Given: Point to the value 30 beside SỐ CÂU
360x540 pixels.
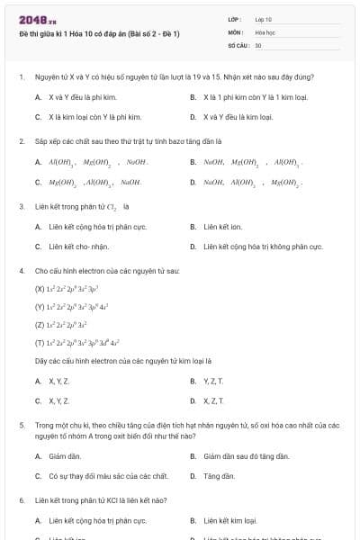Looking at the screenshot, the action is click(x=258, y=44).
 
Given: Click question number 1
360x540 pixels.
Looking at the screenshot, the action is click(x=21, y=78).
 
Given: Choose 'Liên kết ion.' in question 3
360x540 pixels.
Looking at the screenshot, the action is click(x=221, y=226).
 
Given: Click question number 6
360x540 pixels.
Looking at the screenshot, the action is click(x=21, y=500).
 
